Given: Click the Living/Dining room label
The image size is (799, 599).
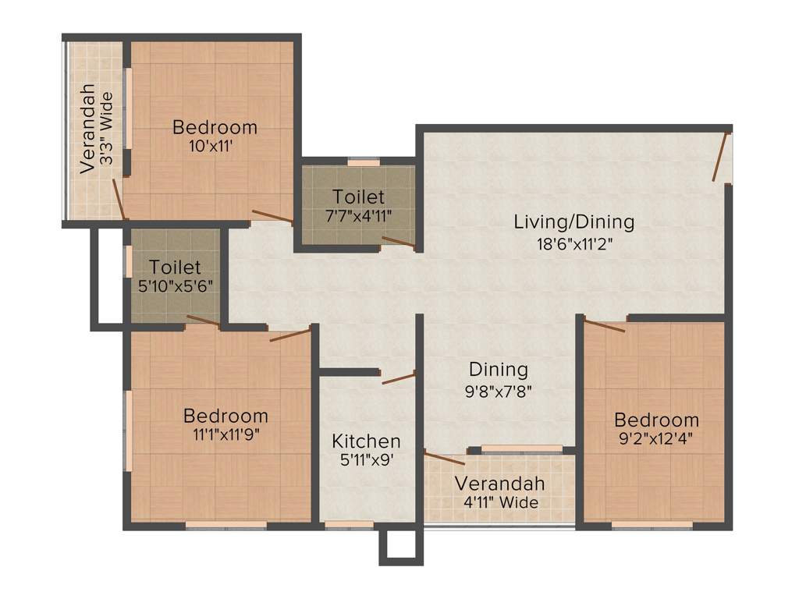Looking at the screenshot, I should (574, 222).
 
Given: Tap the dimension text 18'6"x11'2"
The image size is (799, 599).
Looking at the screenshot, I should (574, 244).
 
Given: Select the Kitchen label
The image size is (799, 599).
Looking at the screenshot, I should (366, 441).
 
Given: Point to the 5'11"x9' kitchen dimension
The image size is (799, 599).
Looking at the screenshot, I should (366, 460).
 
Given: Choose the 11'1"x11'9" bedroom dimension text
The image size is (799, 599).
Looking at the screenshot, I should (225, 435).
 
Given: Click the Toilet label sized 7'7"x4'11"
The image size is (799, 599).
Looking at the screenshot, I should (358, 196).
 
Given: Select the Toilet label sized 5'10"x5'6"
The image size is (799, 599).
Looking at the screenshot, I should (176, 268).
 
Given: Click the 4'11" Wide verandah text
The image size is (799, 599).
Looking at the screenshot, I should (499, 502).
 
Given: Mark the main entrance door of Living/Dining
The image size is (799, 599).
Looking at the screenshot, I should (721, 157).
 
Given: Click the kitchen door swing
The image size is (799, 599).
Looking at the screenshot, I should (399, 377).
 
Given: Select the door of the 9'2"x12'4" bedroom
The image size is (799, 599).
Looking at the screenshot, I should (604, 326).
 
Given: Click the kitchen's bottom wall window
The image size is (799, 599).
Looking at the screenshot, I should (338, 525).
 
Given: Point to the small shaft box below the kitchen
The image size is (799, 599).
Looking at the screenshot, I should (400, 546).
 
